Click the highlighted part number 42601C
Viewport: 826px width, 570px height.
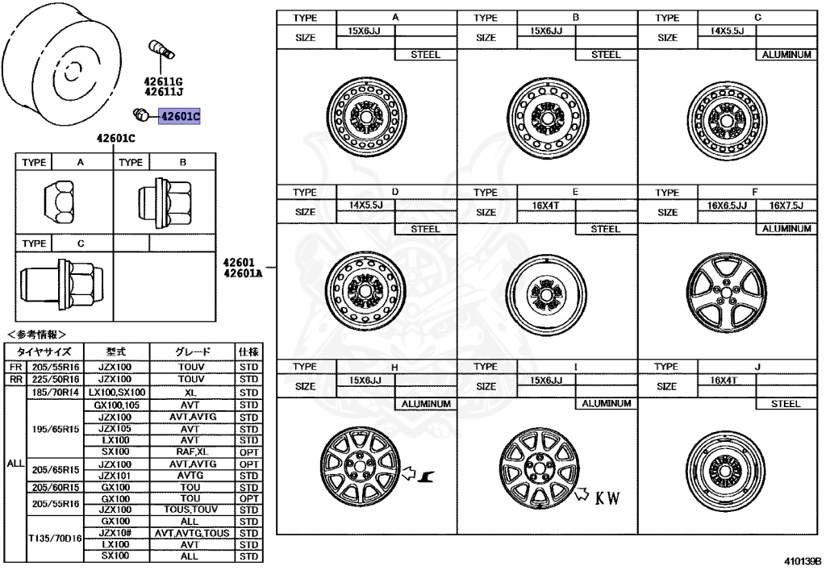[179, 117]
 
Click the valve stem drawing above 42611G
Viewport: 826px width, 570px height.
[161, 50]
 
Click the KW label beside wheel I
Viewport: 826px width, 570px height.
[607, 498]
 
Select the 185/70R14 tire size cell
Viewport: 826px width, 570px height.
[55, 391]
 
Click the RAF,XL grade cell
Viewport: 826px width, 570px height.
[192, 451]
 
